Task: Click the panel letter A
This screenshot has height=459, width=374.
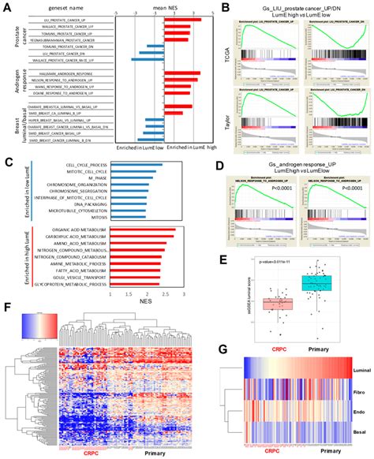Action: coord(7,7)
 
